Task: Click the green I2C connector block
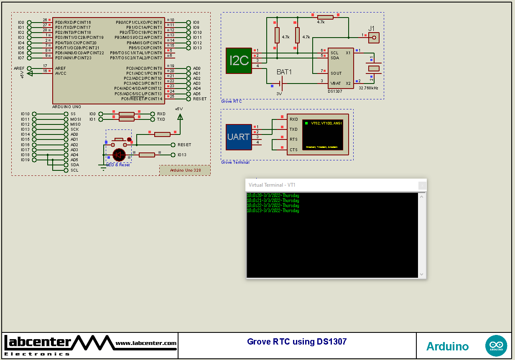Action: pos(239,61)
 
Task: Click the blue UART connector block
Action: pos(239,137)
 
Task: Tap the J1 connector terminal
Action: pos(374,38)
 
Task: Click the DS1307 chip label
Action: pos(335,91)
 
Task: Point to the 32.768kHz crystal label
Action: pos(368,88)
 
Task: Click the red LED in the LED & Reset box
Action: pos(119,155)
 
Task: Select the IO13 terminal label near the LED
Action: pos(182,155)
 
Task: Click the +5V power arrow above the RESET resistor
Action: pos(180,117)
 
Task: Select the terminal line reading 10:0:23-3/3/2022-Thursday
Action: pos(273,210)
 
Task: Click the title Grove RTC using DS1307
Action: pos(297,342)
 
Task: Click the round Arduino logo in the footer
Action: pos(496,346)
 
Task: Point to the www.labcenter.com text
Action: pos(146,343)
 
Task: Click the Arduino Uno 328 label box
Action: pos(185,170)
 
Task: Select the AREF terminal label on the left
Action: pos(19,68)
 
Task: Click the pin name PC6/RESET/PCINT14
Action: pos(142,99)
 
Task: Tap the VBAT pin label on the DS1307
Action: pos(336,83)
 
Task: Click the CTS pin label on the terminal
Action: pos(293,150)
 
